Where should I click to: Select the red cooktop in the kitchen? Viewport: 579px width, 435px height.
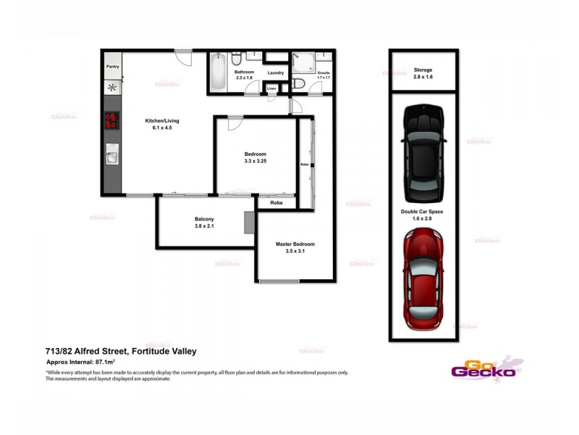112,120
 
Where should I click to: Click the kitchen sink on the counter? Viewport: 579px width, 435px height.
112,154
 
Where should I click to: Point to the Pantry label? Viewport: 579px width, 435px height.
112,66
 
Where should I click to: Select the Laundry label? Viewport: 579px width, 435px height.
275,72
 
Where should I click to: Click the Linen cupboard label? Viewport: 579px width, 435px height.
271,88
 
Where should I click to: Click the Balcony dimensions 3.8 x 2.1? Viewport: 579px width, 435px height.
204,226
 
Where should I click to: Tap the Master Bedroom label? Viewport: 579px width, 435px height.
295,244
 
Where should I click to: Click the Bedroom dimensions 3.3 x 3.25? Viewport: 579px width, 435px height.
255,161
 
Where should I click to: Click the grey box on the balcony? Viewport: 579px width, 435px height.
249,222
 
